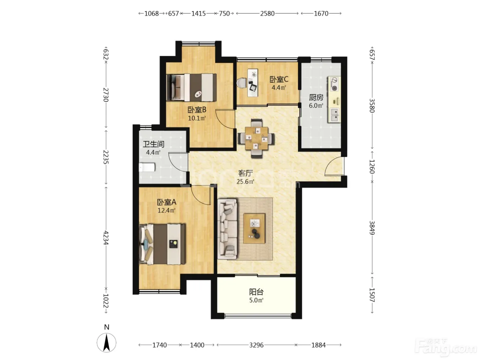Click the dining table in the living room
coord(256,138)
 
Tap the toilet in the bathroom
coord(147,167)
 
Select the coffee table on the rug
coord(254,228)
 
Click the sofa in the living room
coord(227,229)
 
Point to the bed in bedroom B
coord(191,87)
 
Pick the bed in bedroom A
coord(162,244)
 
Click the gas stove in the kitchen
coord(334,84)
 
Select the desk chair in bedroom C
coord(242,83)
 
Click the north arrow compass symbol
coord(107,342)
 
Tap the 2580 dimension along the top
coord(267,14)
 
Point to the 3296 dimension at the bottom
coord(256,345)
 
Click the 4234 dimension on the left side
coord(106,238)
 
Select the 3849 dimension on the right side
coord(372,228)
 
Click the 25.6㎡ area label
coord(245,182)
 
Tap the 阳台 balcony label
coord(256,292)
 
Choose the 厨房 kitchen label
coord(316,97)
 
